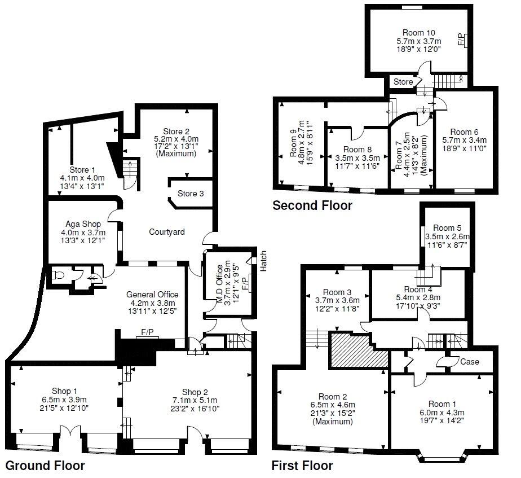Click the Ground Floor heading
45,466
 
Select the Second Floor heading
312,205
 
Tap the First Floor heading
302,466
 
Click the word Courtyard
167,232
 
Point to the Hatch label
263,261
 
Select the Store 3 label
191,194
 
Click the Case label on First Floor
470,361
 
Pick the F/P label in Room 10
461,40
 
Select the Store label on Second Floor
403,82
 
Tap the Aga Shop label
83,224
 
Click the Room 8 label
354,150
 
